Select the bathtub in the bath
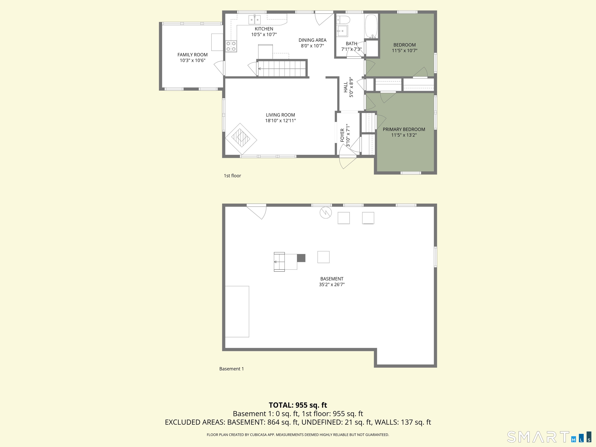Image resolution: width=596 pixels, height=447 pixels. (371, 26)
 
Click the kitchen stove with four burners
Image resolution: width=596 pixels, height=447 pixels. (231, 46)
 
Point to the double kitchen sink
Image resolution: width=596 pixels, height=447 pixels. (254, 20)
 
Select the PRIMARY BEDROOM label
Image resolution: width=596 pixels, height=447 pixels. (404, 129)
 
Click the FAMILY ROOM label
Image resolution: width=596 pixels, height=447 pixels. (192, 55)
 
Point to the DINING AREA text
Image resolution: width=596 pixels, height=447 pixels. (312, 40)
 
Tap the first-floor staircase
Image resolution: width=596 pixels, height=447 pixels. (282, 68)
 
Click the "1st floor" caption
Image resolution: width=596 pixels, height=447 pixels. (232, 176)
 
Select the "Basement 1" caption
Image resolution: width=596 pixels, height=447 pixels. (231, 369)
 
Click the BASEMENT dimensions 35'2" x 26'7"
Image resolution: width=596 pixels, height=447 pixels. (332, 285)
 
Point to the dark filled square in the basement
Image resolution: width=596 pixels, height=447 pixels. (301, 258)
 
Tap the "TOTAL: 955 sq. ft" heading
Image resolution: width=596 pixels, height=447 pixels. (298, 405)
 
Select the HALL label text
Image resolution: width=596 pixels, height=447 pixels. (346, 87)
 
